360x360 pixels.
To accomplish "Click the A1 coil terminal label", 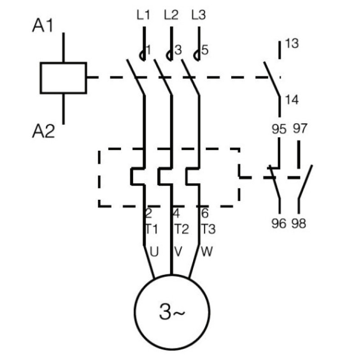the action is (x=43, y=25).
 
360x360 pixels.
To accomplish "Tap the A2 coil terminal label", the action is (x=44, y=131).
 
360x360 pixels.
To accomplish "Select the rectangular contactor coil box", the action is (x=63, y=78).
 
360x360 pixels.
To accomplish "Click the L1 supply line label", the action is (x=143, y=15).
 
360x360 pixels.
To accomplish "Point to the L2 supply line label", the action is (x=171, y=15).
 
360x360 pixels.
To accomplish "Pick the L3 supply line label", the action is (x=198, y=15).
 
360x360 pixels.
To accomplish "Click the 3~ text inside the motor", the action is (x=172, y=312).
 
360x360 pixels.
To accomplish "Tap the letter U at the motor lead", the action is (x=154, y=252).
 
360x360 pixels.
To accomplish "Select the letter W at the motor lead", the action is (x=207, y=252).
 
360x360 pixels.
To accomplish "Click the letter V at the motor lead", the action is (x=178, y=252).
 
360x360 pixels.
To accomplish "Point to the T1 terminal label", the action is (x=152, y=229).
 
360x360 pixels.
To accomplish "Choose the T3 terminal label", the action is (x=208, y=229).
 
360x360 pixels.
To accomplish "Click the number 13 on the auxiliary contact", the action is (x=292, y=43).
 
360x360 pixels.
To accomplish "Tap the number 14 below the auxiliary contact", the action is (x=292, y=100).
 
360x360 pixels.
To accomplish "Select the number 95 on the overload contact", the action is (x=279, y=129).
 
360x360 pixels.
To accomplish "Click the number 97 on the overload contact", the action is (x=300, y=128).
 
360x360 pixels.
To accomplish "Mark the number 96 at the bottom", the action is (x=279, y=223).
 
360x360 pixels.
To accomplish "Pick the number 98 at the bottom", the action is (x=299, y=223).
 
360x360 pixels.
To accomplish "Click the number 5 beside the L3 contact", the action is (x=205, y=50).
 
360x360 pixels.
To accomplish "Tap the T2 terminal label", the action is (x=181, y=229).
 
